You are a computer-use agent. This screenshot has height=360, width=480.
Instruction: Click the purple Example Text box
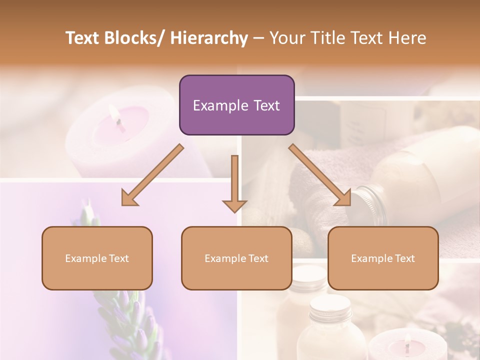(236, 105)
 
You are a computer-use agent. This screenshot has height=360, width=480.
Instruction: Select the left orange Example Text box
(97, 258)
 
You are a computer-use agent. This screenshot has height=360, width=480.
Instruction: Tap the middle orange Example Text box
(236, 258)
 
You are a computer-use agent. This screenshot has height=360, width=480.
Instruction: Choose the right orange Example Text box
(383, 258)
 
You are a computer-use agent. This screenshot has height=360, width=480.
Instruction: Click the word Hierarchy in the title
(209, 38)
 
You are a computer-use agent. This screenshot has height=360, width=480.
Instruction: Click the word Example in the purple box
(218, 105)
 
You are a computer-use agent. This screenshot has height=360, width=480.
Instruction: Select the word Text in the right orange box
(404, 258)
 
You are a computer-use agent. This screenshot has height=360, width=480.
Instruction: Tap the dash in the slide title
(258, 38)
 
